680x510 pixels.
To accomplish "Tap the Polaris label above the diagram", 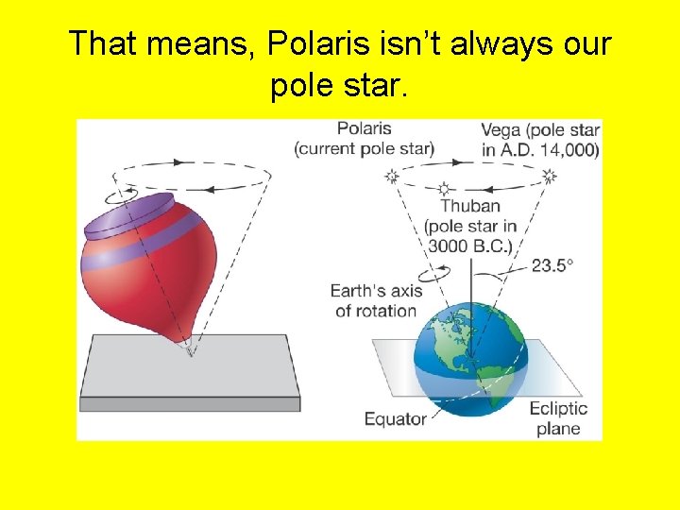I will pyautogui.click(x=364, y=129).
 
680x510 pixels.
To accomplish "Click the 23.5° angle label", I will pyautogui.click(x=552, y=265).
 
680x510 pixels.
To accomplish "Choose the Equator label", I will pyautogui.click(x=395, y=418).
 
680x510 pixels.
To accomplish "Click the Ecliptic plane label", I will pyautogui.click(x=558, y=418).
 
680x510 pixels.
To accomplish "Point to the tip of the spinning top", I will pyautogui.click(x=191, y=350).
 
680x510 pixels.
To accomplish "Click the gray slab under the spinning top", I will pyautogui.click(x=189, y=373).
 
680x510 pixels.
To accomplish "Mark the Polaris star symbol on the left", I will pyautogui.click(x=392, y=176).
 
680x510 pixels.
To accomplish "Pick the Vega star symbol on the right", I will pyautogui.click(x=549, y=176).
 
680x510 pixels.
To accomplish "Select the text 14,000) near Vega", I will pyautogui.click(x=570, y=149).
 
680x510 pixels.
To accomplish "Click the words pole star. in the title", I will pyautogui.click(x=339, y=87).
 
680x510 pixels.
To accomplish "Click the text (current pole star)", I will pyautogui.click(x=364, y=149).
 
